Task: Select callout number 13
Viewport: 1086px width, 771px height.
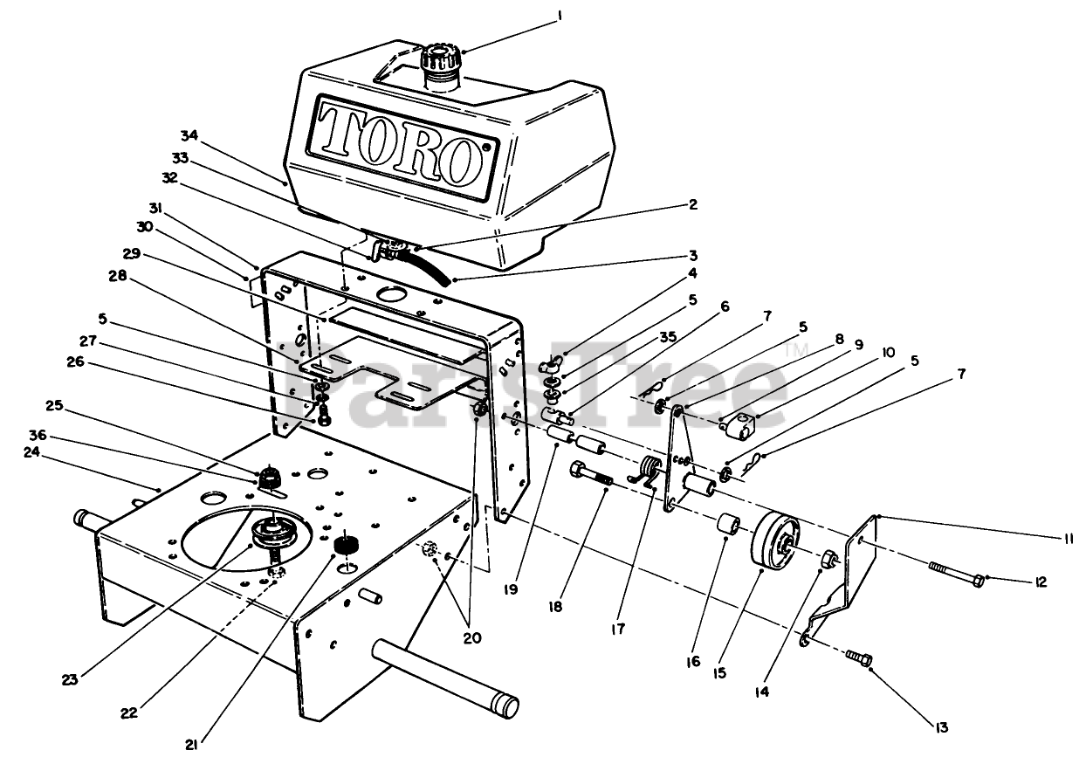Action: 940,727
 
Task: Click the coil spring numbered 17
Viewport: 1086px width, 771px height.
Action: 651,472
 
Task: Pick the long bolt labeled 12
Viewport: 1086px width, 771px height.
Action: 955,578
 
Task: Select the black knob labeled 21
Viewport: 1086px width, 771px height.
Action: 350,547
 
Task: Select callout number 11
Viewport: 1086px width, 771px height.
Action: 1069,540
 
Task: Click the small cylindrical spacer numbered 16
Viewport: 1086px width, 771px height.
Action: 729,528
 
